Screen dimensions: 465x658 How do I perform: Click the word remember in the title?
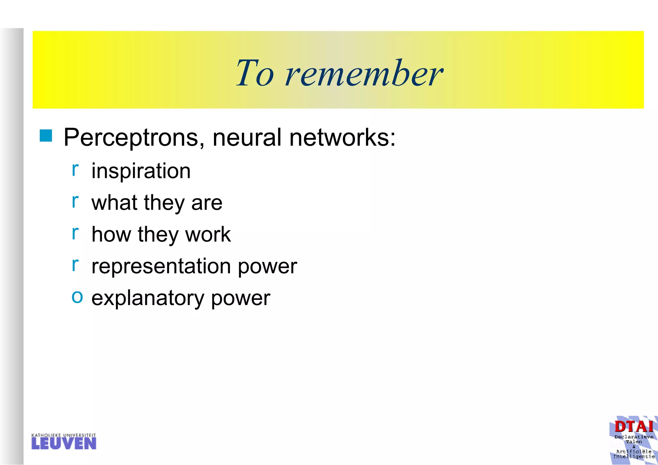364,74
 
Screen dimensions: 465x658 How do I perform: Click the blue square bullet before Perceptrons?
46,136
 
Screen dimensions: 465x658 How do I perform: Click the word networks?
342,137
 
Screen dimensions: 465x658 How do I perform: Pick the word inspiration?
141,171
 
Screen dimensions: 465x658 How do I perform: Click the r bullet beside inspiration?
75,169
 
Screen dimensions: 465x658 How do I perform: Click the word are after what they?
207,203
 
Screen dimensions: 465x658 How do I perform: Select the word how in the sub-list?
111,234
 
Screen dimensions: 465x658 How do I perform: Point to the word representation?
161,266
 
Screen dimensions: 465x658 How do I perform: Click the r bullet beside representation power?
75,264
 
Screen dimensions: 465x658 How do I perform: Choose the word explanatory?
148,298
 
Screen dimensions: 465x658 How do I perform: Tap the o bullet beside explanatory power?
77,296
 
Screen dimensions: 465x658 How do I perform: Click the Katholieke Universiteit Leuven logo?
64,442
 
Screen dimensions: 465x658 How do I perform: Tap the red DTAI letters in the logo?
634,427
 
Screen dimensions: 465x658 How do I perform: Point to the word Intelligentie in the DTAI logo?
634,456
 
